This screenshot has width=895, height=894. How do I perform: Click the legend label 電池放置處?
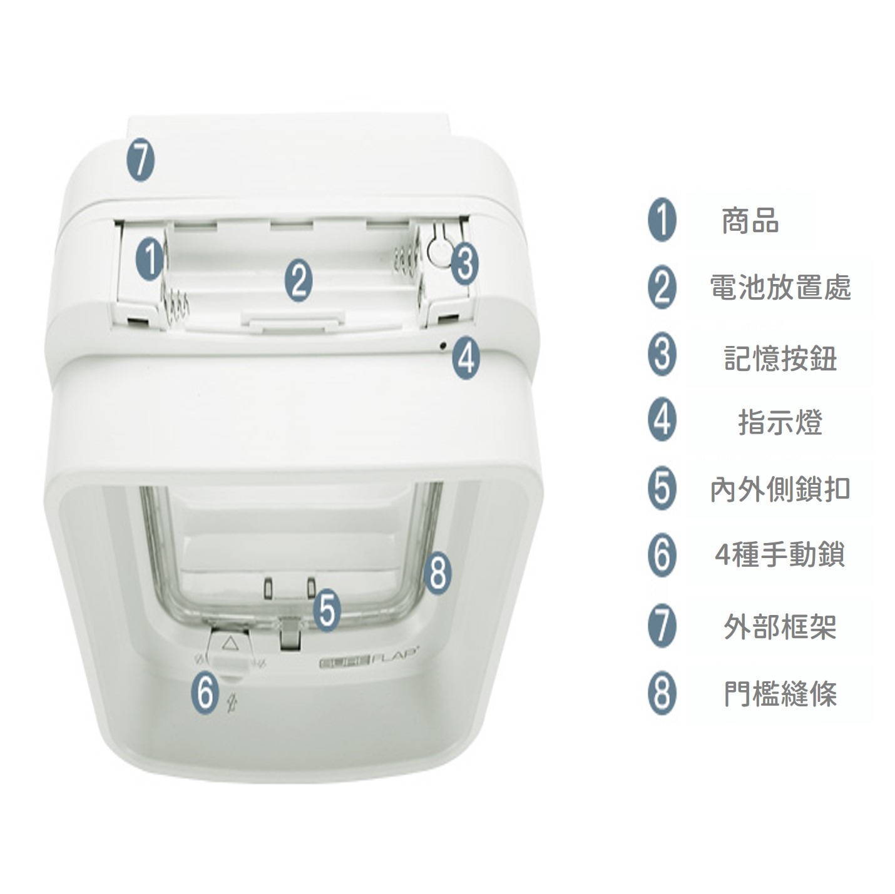[780, 288]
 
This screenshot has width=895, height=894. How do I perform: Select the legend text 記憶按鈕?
[780, 358]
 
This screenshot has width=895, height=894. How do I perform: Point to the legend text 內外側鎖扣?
[780, 489]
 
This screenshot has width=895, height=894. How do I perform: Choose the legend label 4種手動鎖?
[780, 556]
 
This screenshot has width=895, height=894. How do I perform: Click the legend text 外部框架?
[780, 626]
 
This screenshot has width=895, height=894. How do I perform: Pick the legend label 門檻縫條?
[780, 694]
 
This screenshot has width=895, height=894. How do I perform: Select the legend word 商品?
[750, 221]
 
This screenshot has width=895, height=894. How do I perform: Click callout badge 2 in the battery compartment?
[299, 280]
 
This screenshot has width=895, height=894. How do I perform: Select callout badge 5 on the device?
[327, 610]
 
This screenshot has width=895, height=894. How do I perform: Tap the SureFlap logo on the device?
[369, 664]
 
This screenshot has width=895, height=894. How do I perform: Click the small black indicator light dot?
[443, 345]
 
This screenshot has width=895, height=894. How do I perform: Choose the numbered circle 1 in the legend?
[662, 220]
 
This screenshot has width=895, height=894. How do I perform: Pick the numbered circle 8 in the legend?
[662, 694]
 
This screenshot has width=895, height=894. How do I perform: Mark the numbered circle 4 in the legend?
[662, 421]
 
